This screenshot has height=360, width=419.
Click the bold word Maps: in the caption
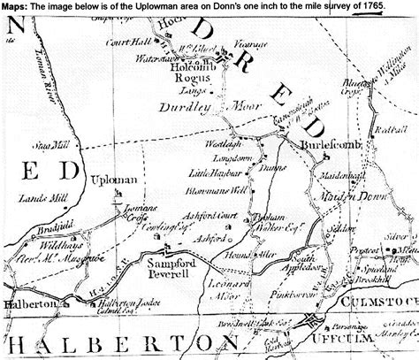14,7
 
